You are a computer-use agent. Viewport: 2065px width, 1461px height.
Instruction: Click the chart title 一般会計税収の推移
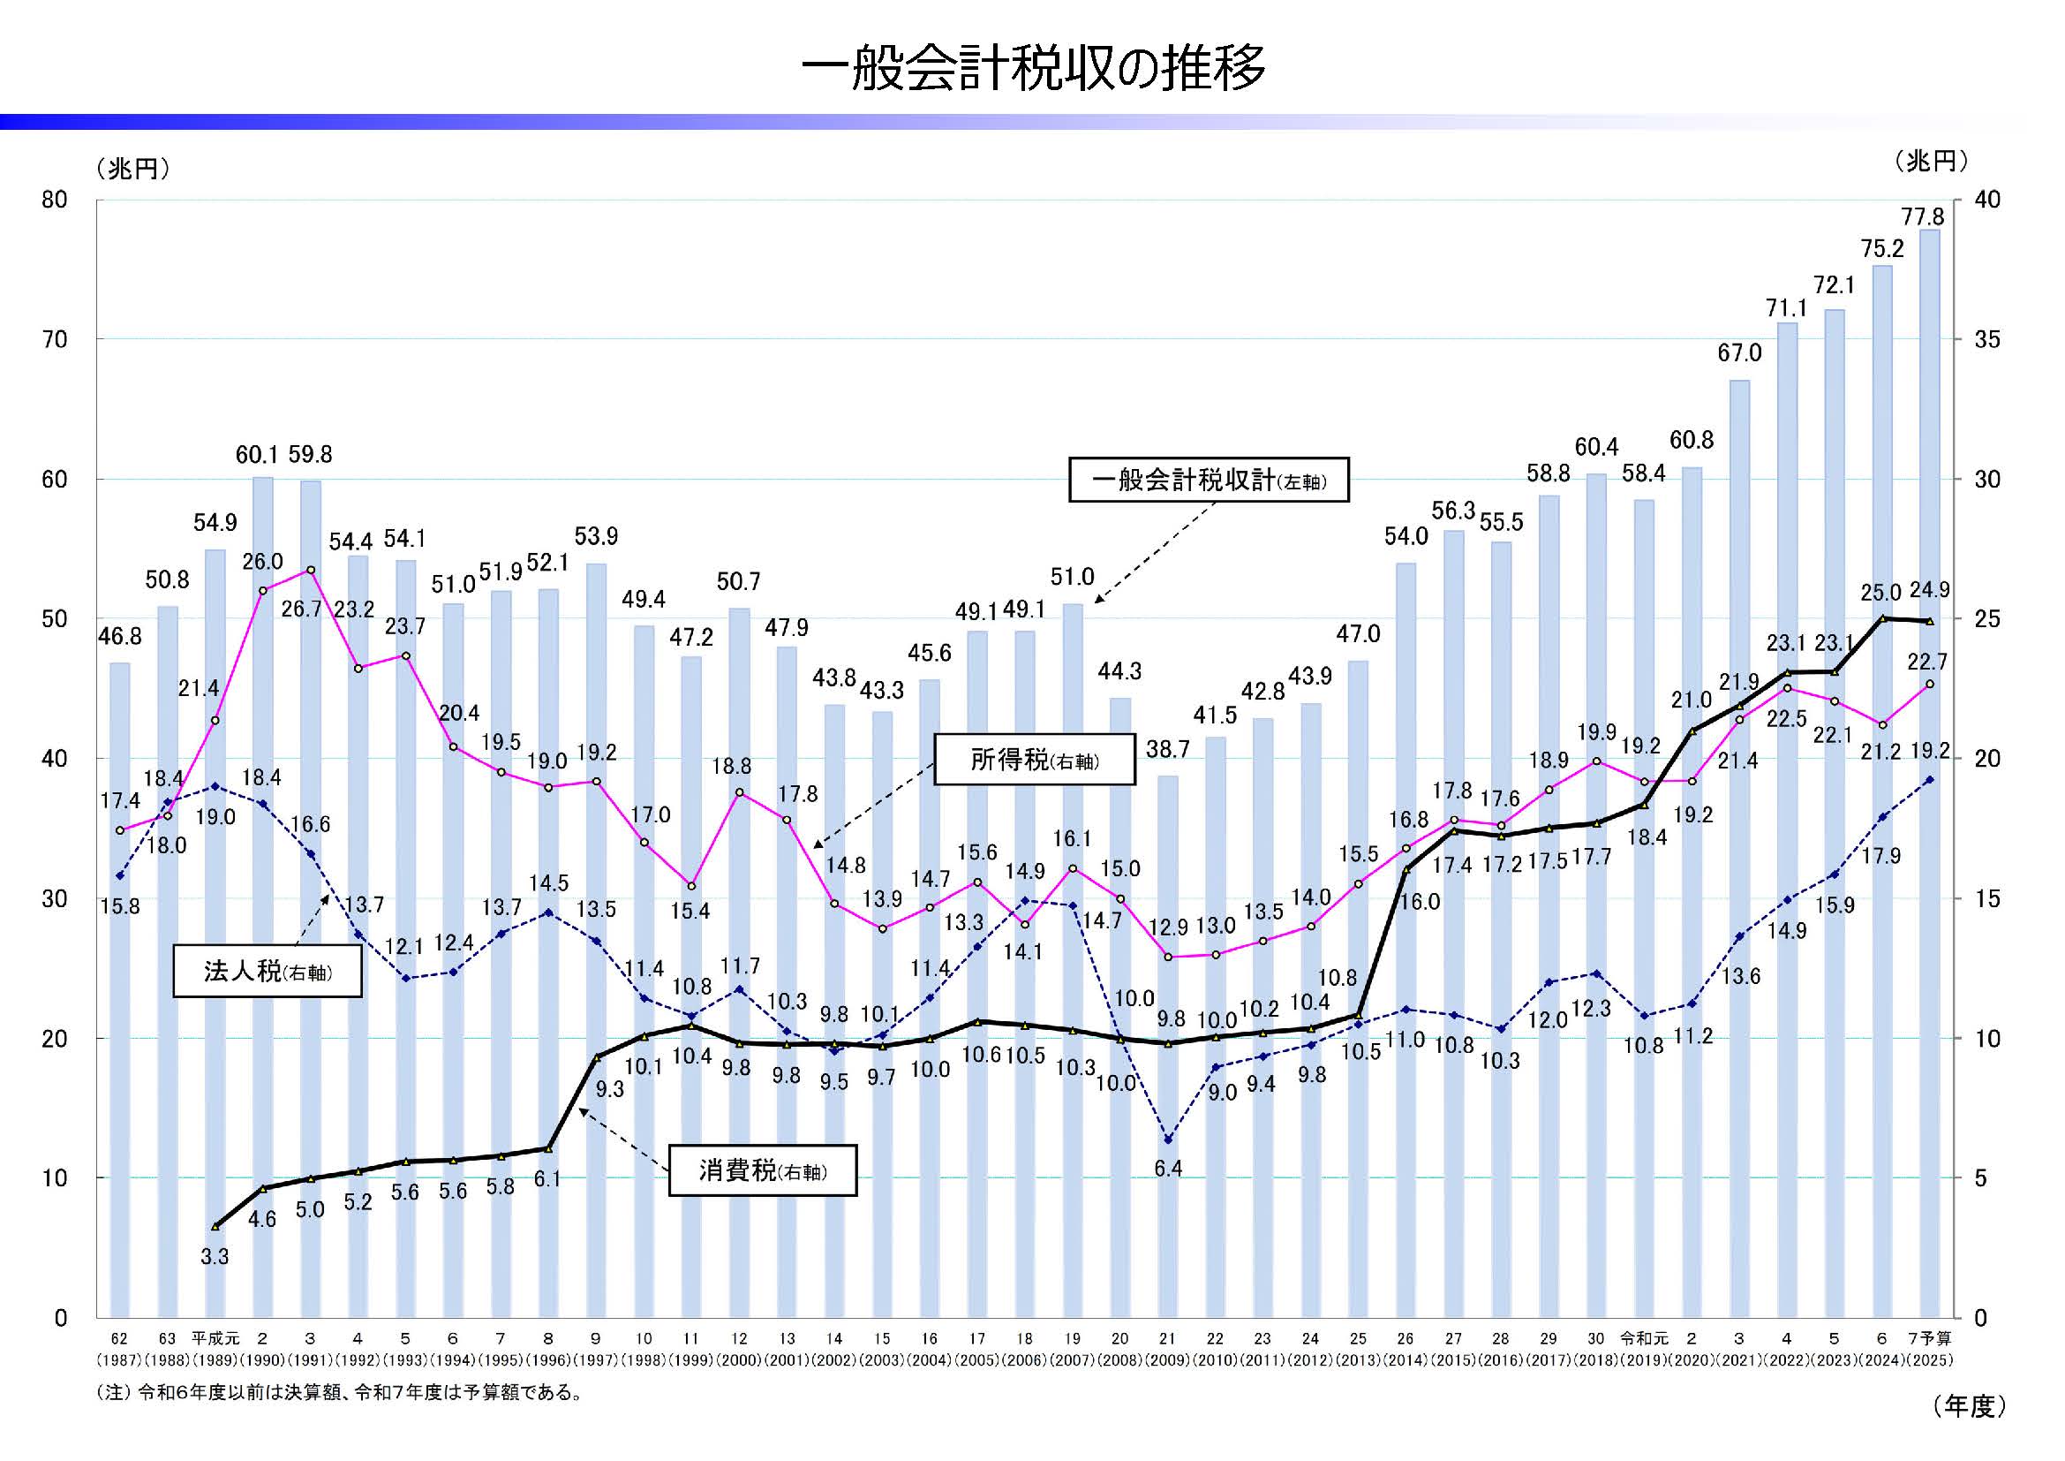click(1033, 68)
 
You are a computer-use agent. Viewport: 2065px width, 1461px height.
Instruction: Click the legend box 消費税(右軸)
click(763, 1170)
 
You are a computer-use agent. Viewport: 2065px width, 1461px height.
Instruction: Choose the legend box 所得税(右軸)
click(1035, 761)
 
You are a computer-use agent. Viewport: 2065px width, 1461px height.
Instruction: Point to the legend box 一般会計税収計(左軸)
click(1209, 481)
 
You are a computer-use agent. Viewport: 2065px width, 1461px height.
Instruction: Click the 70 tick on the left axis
click(55, 340)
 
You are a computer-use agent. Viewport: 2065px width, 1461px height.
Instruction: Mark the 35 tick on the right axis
click(1986, 340)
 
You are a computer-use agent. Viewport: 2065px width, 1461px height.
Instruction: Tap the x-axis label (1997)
click(595, 1360)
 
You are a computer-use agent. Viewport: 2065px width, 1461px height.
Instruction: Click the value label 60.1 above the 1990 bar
click(256, 455)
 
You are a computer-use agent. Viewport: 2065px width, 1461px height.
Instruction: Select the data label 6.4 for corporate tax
click(1167, 1169)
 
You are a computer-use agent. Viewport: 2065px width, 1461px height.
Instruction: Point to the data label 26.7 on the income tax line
click(300, 609)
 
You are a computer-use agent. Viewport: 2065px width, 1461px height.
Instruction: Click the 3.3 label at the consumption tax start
click(214, 1257)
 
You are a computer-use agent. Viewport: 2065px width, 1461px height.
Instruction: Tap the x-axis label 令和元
click(1643, 1338)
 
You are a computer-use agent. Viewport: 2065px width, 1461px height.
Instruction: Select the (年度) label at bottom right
click(1969, 1406)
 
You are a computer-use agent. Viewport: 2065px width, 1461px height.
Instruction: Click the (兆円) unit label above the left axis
click(133, 168)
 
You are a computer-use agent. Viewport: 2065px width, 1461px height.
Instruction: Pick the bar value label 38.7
click(1167, 749)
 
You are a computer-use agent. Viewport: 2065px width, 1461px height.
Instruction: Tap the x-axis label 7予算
click(1929, 1338)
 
